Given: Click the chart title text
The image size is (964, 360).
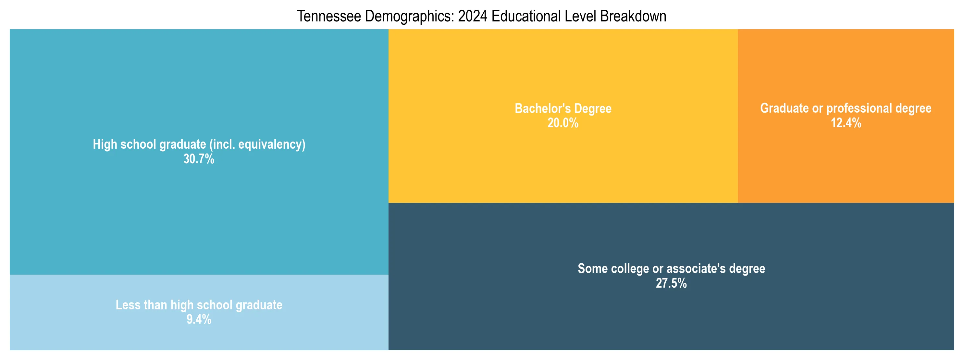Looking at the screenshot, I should [x=482, y=17].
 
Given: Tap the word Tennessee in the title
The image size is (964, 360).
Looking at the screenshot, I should [x=329, y=17].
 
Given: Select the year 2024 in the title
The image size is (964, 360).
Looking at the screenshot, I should [x=473, y=17].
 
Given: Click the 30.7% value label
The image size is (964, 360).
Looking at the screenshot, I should [x=199, y=159].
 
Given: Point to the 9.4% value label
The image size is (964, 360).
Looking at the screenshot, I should [x=199, y=319].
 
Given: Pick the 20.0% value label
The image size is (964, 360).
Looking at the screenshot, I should [x=563, y=123].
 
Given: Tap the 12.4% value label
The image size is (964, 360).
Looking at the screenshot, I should [x=846, y=123].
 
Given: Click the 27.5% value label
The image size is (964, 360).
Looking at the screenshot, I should [x=671, y=283].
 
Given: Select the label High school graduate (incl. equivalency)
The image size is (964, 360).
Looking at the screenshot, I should [x=199, y=144].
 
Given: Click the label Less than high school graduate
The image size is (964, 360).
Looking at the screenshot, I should [x=199, y=305].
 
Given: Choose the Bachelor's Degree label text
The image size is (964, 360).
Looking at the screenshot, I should [x=563, y=108].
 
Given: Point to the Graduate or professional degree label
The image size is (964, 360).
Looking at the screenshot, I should [x=846, y=108].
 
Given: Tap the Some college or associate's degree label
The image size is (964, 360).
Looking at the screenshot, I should [x=671, y=269].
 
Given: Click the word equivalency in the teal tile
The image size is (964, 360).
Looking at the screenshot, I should [x=272, y=144].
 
